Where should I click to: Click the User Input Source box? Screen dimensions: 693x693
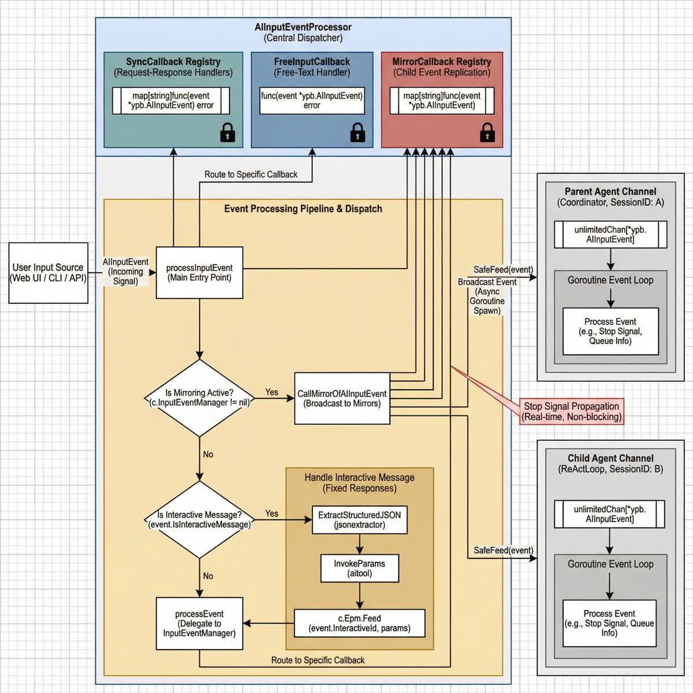(x=49, y=273)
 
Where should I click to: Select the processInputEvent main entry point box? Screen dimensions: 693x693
(x=199, y=273)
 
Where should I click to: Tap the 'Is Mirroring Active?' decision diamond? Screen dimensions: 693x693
(x=199, y=398)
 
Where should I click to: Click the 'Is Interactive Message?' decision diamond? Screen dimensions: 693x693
(x=199, y=519)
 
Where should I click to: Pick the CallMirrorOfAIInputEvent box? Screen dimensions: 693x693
(x=342, y=398)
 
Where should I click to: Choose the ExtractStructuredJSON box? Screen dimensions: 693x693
(x=359, y=520)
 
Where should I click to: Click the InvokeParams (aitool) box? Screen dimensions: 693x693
(x=359, y=568)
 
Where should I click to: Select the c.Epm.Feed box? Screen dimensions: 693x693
(x=359, y=623)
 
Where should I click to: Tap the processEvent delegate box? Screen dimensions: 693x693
(x=199, y=623)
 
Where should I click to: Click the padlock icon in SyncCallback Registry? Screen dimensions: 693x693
(x=228, y=132)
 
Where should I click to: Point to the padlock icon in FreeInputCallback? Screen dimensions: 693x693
(x=357, y=132)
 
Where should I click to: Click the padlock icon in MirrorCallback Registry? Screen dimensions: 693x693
(x=487, y=132)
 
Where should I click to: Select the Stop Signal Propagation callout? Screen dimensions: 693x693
(x=571, y=411)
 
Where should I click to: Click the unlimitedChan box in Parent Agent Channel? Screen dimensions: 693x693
(x=610, y=234)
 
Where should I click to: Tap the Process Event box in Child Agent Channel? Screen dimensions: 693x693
(x=609, y=623)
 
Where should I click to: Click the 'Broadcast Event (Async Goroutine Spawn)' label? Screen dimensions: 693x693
(x=487, y=296)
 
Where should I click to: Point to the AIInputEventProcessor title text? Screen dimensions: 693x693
(x=303, y=27)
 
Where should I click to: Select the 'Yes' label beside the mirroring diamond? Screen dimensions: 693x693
(x=271, y=392)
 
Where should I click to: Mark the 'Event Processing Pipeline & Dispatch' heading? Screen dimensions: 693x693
(x=303, y=208)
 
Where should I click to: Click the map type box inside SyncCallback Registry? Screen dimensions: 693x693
(x=171, y=100)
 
